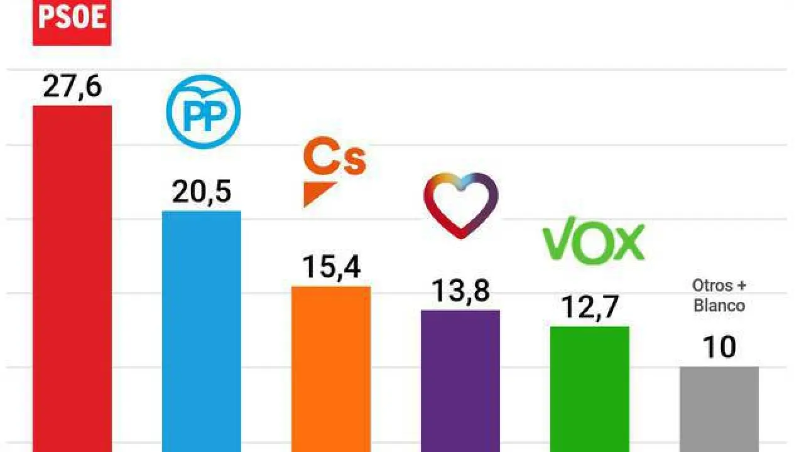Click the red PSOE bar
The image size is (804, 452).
[72, 276]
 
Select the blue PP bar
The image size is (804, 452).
[202, 330]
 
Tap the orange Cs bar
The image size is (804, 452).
[331, 367]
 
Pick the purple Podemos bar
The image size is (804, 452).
[460, 380]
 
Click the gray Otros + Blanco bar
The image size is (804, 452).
[719, 408]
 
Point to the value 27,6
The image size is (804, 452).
[72, 87]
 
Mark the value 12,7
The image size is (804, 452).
[590, 308]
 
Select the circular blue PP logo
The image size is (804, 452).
[203, 112]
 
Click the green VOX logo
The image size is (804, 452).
[593, 240]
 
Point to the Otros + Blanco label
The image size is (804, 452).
[719, 296]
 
